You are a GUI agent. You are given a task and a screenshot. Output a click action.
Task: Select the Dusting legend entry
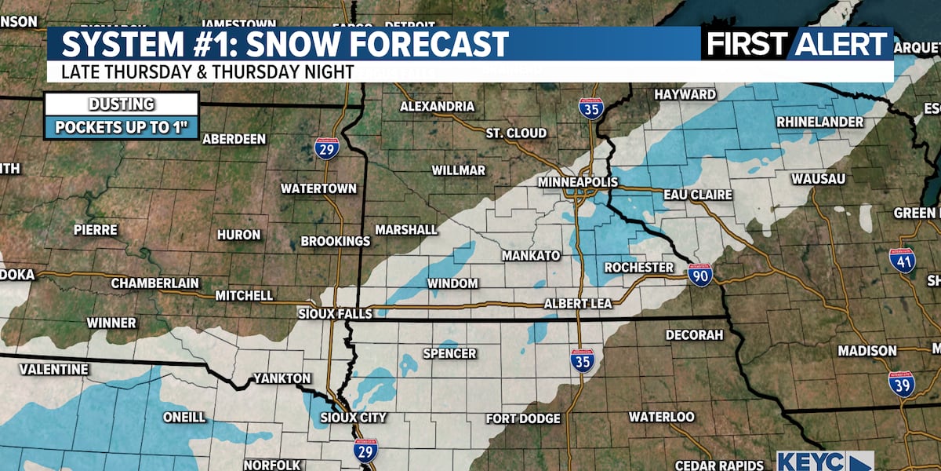pos(122,104)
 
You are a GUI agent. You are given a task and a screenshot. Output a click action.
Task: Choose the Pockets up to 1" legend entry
pos(122,127)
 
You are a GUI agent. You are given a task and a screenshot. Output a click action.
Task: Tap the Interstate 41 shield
pos(902,260)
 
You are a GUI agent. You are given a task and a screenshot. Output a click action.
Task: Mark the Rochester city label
pos(638,268)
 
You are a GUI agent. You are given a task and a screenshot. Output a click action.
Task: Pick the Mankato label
pos(531,256)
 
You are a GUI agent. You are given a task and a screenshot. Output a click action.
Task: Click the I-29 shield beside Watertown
pos(327,148)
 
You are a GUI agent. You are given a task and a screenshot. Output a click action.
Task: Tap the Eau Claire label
pos(697,194)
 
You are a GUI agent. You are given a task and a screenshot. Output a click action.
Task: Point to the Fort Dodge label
pos(523,418)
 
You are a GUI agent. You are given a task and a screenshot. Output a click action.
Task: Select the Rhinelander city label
pos(819,122)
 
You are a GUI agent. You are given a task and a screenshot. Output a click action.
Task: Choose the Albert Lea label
pos(576,304)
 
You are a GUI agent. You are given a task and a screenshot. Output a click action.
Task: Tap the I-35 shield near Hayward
pos(590,108)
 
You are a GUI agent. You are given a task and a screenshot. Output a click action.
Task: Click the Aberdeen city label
pos(234,139)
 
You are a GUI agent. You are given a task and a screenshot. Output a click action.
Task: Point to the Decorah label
pos(694,335)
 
